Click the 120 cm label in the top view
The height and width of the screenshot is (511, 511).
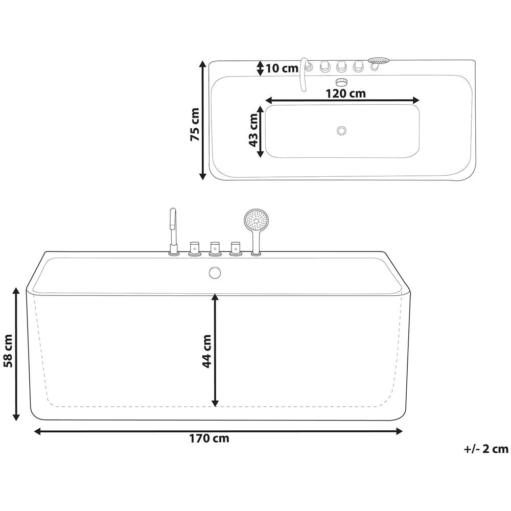(346, 93)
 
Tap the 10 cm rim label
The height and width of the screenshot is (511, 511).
(282, 68)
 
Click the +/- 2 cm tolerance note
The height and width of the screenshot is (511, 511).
(486, 449)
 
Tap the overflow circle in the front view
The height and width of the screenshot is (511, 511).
(215, 272)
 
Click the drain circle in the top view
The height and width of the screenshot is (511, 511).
(342, 131)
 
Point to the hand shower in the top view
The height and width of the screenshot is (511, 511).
(378, 61)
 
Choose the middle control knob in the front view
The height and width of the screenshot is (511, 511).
(215, 248)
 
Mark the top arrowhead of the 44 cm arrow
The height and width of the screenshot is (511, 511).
(215, 297)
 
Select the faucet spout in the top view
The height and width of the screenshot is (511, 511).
(305, 74)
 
